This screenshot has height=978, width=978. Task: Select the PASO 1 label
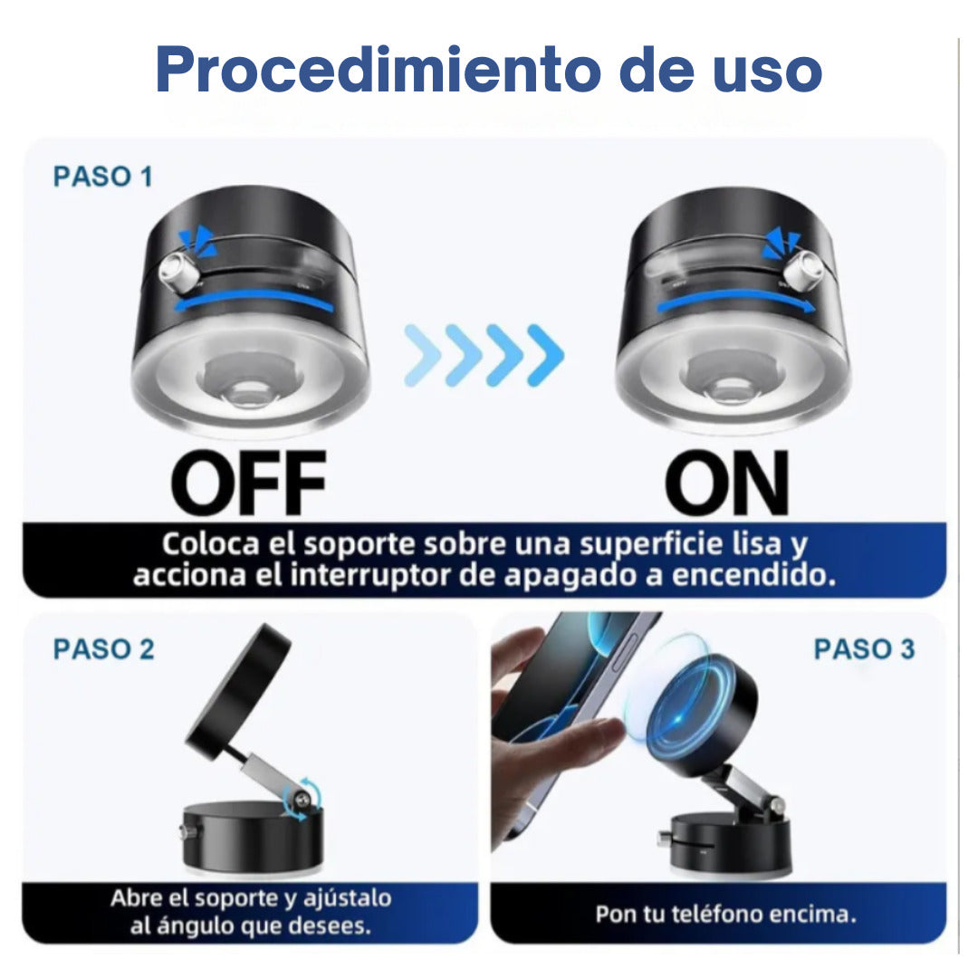tap(102, 177)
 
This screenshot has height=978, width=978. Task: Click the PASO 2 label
tap(103, 649)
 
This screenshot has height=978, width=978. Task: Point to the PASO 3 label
tap(864, 649)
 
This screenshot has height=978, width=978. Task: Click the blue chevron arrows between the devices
tap(484, 355)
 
